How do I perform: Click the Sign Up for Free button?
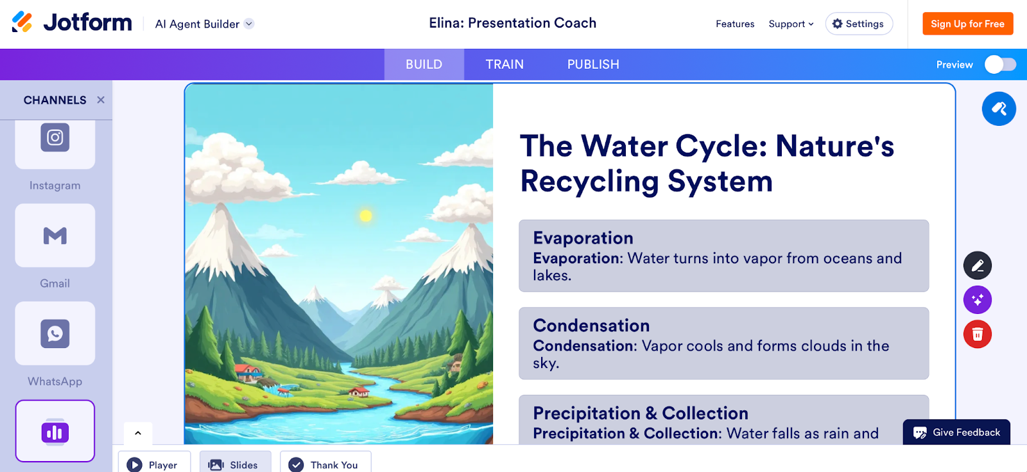click(967, 24)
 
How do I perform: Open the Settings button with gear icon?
click(859, 24)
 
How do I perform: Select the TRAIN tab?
click(505, 64)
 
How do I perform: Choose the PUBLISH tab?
click(593, 64)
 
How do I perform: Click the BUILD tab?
click(424, 64)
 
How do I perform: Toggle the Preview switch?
click(1000, 64)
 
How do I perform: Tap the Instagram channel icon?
click(55, 138)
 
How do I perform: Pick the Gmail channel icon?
click(55, 236)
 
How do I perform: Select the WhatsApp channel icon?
click(55, 334)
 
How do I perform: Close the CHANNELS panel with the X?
click(101, 100)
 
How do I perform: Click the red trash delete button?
click(977, 334)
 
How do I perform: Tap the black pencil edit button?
click(977, 265)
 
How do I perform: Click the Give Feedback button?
click(956, 432)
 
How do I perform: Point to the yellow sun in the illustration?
click(366, 215)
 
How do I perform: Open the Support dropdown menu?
click(791, 24)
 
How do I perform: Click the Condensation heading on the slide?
click(591, 326)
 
